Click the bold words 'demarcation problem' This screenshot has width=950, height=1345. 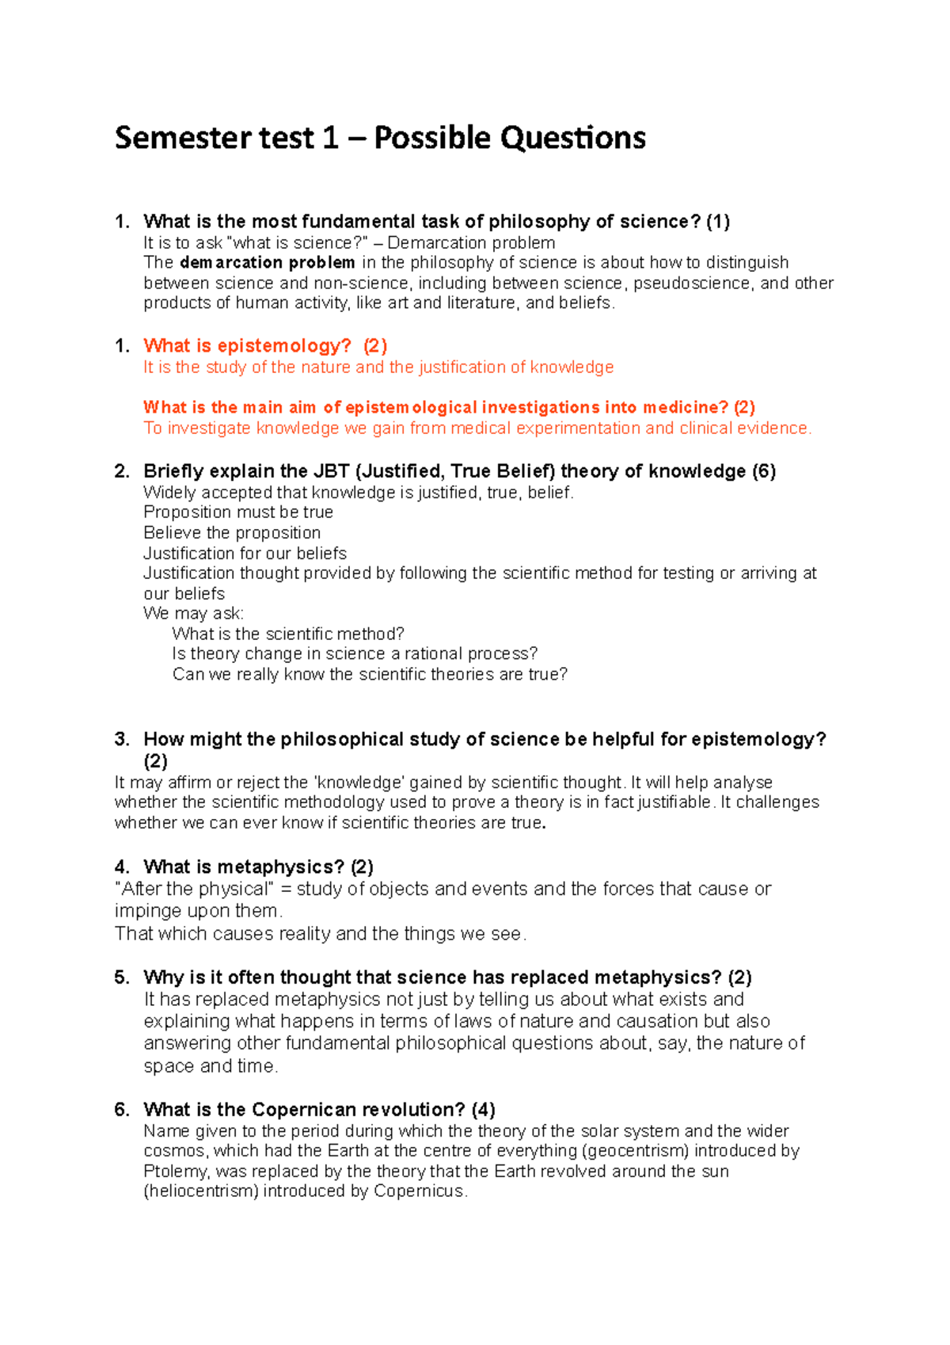pyautogui.click(x=267, y=263)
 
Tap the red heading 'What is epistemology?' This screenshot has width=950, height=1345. pyautogui.click(x=247, y=346)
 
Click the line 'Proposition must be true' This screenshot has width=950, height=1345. pyautogui.click(x=237, y=512)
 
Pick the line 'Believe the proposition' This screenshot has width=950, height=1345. pyautogui.click(x=232, y=533)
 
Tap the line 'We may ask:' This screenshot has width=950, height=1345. pyautogui.click(x=193, y=614)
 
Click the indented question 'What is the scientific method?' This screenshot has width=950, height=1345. pyautogui.click(x=288, y=634)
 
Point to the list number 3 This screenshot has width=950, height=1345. pyautogui.click(x=121, y=740)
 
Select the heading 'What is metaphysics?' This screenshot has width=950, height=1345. pyautogui.click(x=244, y=867)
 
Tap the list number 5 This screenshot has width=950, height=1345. pyautogui.click(x=121, y=977)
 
